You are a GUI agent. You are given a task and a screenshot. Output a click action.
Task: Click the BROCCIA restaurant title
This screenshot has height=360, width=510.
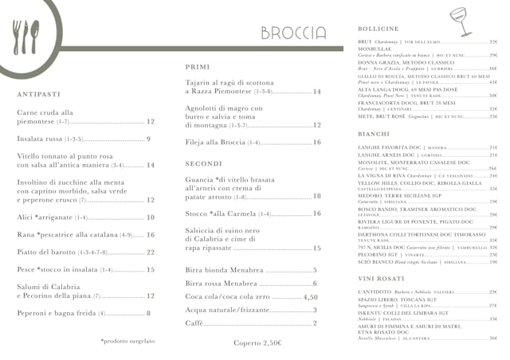[292, 33]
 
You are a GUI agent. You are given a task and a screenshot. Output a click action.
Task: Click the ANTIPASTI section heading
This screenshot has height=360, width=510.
[38, 94]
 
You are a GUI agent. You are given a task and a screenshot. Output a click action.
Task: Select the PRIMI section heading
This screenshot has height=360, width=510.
[198, 67]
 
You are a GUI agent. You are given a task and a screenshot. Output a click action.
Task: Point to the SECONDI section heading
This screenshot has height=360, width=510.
[204, 163]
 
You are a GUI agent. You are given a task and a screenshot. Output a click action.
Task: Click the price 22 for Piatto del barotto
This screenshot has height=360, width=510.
[150, 252]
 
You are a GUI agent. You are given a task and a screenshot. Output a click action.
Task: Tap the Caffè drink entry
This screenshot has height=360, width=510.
[195, 323]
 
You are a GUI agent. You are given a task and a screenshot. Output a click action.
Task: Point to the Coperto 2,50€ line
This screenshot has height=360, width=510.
[257, 342]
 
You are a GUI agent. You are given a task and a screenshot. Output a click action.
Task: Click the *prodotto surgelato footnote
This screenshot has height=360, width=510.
[127, 341]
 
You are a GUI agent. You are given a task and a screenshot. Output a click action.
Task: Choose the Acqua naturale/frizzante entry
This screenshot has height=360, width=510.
[229, 310]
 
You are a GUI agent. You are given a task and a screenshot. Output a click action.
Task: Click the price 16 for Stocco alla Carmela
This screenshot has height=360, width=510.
[316, 214]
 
